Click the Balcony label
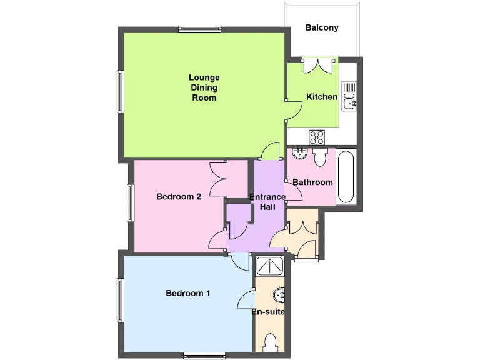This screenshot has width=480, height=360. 322,27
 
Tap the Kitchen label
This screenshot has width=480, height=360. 322,97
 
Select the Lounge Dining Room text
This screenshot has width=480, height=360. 204,87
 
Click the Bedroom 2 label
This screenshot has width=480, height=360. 178,197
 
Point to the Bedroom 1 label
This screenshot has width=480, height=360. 187,293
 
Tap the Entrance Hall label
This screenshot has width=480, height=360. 267,202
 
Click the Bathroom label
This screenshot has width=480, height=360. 312,182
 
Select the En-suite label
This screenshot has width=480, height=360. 269,311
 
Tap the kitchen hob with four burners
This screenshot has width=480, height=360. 316,136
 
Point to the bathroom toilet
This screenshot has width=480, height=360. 320,156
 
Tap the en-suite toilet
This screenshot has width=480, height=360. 270,343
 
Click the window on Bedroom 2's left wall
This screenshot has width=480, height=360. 131,202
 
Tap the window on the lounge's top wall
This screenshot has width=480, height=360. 199,29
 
